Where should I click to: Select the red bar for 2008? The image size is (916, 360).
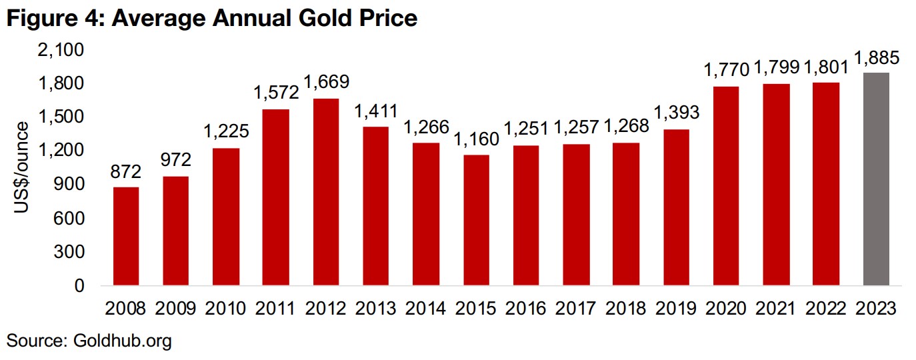point(125,236)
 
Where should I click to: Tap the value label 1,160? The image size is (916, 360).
point(477,140)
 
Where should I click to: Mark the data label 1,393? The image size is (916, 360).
point(677,113)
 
